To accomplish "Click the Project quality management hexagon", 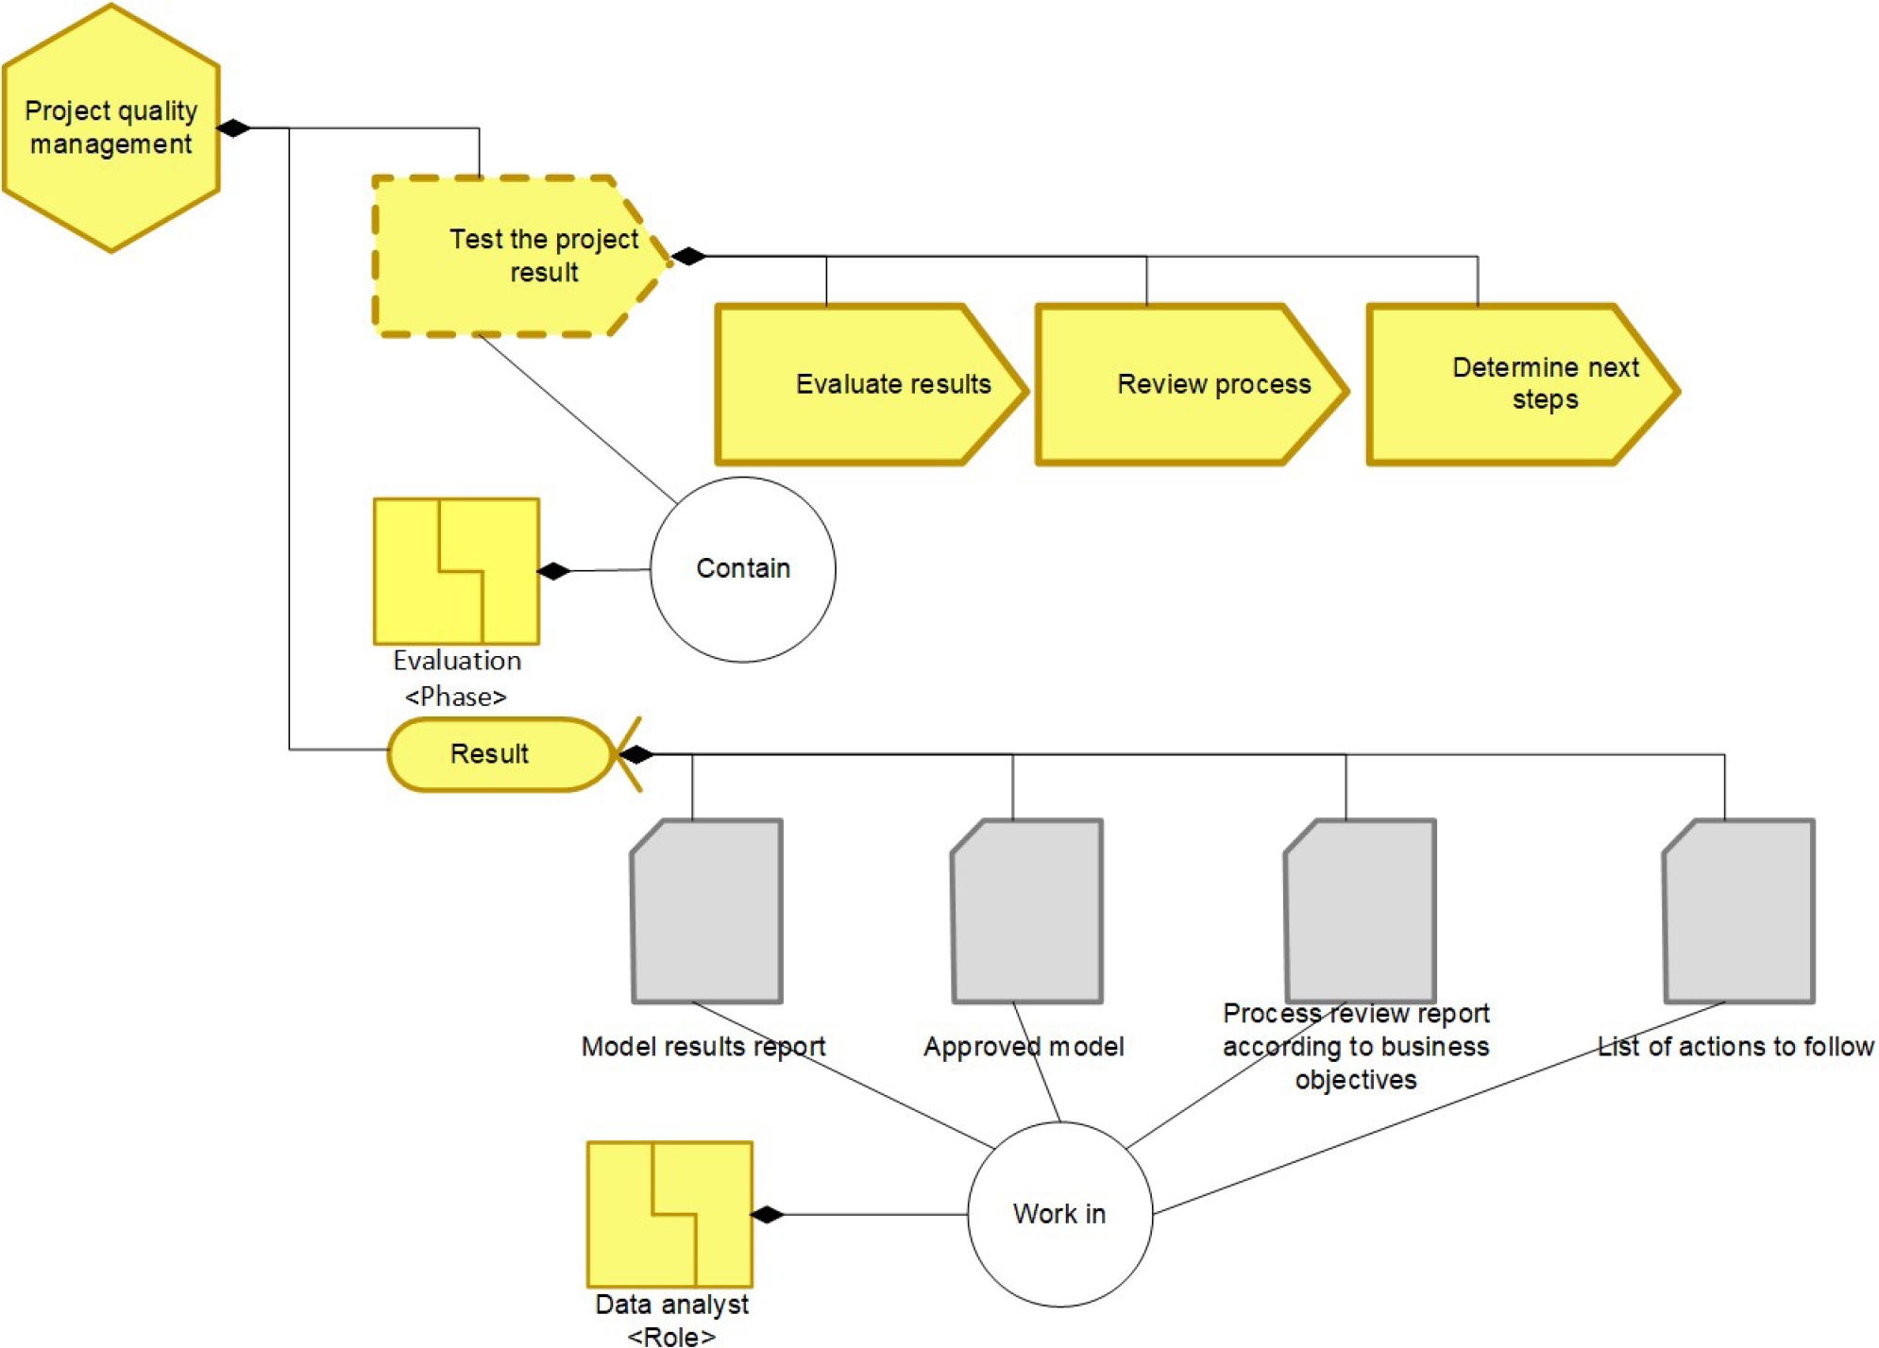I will [111, 128].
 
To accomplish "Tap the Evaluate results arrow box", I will [869, 384].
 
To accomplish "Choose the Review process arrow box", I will [1190, 384].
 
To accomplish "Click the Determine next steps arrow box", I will [1520, 384].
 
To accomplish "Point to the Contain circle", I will [743, 569].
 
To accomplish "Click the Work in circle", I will [1059, 1214].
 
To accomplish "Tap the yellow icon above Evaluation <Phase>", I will [457, 571].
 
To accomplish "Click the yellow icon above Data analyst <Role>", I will [669, 1214].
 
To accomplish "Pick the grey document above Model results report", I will [707, 911].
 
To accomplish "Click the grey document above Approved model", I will [1027, 911].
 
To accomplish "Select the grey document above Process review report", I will [1360, 911].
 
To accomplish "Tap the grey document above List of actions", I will [1739, 911].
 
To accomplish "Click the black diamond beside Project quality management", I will [233, 128].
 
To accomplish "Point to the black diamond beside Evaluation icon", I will [553, 571].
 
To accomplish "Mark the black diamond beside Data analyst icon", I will [767, 1214].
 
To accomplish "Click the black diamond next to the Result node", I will [635, 754].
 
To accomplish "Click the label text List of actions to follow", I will [1735, 1046].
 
